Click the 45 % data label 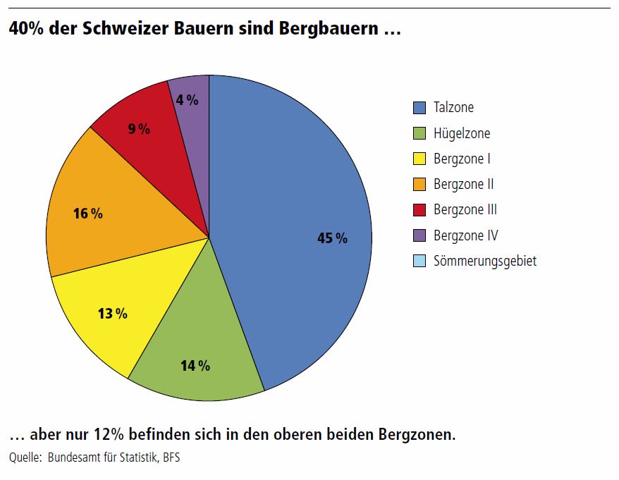tap(332, 238)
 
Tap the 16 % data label tap(88, 213)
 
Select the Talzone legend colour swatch tap(419, 108)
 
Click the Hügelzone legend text tap(462, 133)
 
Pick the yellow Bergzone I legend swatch tap(419, 159)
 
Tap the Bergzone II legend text tap(463, 184)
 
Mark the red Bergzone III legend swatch tap(419, 209)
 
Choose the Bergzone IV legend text tap(465, 235)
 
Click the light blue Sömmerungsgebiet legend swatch tap(419, 261)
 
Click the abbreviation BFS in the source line tap(172, 457)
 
